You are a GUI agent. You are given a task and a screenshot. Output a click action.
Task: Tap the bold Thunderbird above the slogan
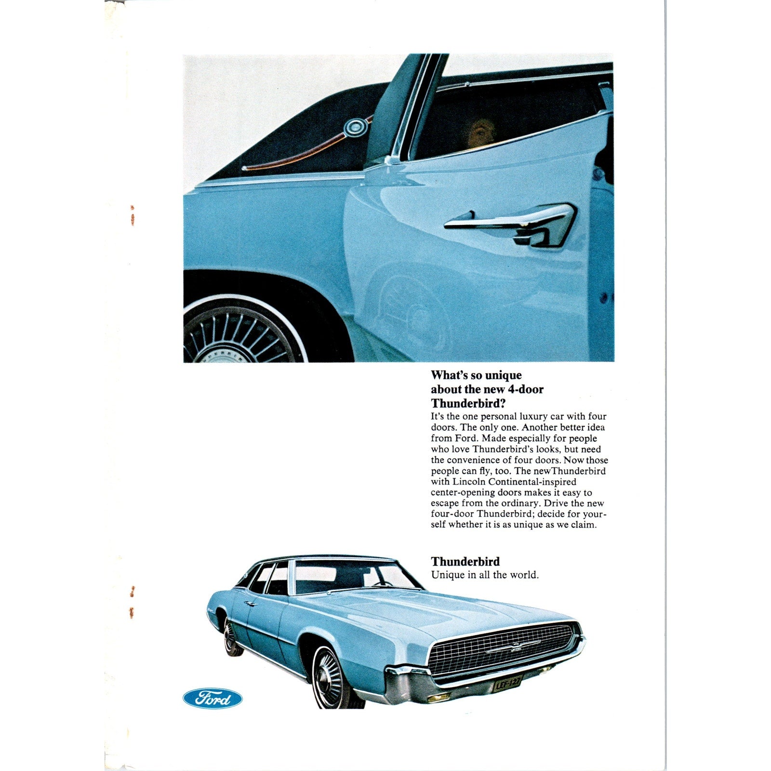click(465, 561)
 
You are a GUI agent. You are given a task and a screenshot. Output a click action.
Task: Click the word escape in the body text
click(444, 504)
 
